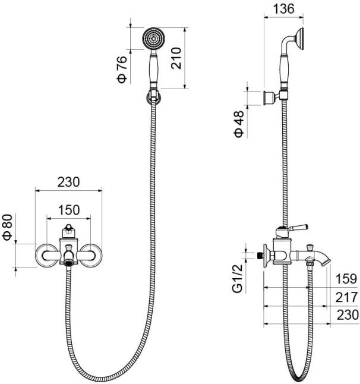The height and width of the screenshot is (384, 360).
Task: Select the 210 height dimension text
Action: (x=176, y=57)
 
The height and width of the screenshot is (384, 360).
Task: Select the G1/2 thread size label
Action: (x=238, y=279)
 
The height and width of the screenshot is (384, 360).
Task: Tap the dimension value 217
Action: (x=345, y=297)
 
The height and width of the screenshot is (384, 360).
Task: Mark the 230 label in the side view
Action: (x=345, y=315)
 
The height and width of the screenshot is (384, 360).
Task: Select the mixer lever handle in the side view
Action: (x=296, y=228)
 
